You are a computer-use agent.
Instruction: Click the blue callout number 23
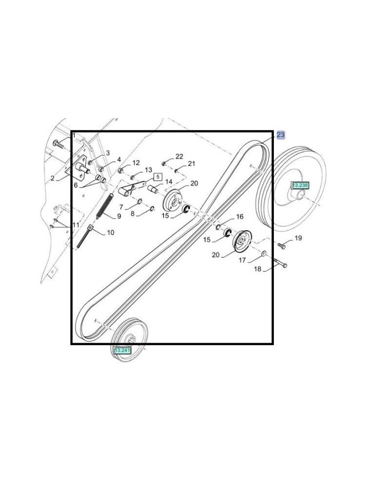click(280, 135)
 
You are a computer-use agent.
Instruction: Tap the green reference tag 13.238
click(300, 185)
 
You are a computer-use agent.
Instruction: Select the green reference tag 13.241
click(123, 350)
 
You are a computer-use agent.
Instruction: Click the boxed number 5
click(158, 177)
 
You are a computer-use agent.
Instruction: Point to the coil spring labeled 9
click(105, 206)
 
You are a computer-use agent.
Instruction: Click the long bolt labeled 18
click(280, 263)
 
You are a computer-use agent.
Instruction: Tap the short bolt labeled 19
click(282, 246)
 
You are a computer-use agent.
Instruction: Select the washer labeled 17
click(264, 254)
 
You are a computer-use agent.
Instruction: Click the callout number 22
click(179, 156)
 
